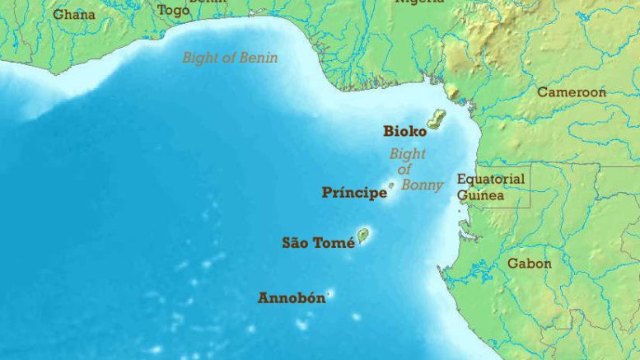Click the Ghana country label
tap(74, 14)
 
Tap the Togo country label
tap(173, 10)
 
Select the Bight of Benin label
tap(230, 58)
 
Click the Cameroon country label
tap(572, 92)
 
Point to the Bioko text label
tap(404, 131)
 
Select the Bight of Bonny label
tap(415, 170)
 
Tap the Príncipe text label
tap(354, 194)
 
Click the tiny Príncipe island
tap(391, 185)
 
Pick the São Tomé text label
tap(319, 243)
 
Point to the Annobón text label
tap(292, 298)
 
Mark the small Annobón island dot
tap(329, 294)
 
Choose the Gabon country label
tap(530, 264)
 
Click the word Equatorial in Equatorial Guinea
tap(491, 179)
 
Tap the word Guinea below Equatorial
tap(481, 195)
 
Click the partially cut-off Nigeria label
tap(419, 2)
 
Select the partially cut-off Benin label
tap(207, 2)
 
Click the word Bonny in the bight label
tap(422, 185)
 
